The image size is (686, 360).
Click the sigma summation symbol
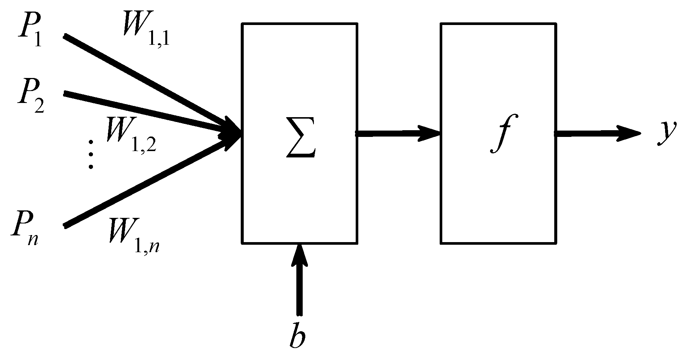[301, 143]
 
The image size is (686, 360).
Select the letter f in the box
[500, 134]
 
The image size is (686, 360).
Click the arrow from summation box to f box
[397, 133]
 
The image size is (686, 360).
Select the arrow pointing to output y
[597, 133]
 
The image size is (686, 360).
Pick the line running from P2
[142, 110]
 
